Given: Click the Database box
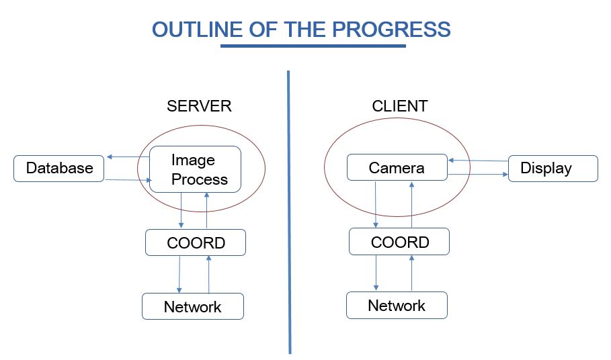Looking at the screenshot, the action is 59,169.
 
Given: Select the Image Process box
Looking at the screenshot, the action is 195,169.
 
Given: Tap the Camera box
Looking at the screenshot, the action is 397,167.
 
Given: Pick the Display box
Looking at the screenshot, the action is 553,169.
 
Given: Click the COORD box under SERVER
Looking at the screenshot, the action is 196,242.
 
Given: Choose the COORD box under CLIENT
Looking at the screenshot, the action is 399,242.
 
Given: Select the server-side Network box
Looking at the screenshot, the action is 193,306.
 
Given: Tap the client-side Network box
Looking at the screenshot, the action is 397,305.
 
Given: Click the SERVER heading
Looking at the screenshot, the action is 199,106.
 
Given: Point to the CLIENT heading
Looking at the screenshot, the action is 400,106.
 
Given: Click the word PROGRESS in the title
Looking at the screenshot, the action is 391,30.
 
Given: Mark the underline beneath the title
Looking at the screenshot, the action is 313,46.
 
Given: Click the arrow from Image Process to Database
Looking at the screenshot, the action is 128,157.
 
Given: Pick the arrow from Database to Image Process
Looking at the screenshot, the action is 128,180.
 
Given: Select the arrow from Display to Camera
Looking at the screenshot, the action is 478,161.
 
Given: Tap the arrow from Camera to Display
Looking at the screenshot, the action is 478,175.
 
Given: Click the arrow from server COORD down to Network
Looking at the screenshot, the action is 179,275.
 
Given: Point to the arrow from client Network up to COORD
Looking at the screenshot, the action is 411,273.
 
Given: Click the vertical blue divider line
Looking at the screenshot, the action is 289,212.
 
